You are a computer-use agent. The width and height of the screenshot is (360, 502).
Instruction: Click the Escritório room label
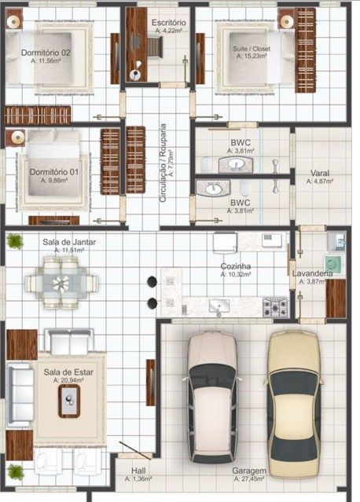click(x=168, y=23)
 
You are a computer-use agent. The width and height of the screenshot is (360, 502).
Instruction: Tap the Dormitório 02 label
click(x=46, y=53)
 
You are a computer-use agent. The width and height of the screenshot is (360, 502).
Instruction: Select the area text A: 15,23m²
click(x=252, y=56)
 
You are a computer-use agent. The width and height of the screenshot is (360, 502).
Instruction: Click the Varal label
click(x=320, y=173)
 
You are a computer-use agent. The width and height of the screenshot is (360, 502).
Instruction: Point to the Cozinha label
click(x=236, y=266)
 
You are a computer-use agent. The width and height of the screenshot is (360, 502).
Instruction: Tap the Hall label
click(x=138, y=471)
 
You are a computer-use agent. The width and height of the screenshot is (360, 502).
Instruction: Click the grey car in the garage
click(x=211, y=397)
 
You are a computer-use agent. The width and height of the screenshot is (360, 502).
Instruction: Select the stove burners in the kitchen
click(x=275, y=307)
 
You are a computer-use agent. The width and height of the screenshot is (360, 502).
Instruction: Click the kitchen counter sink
click(x=219, y=306)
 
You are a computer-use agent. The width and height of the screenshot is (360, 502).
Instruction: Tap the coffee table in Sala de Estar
click(x=69, y=401)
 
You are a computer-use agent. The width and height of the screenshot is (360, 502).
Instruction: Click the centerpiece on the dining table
click(x=61, y=284)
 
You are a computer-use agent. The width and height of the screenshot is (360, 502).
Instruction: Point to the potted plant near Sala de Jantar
click(x=15, y=241)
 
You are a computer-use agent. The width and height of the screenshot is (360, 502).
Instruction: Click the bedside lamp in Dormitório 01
click(x=16, y=137)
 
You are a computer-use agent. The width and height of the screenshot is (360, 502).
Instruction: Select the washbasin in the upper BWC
click(x=236, y=165)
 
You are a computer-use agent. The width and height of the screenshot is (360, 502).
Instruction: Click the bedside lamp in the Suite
click(x=286, y=21)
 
